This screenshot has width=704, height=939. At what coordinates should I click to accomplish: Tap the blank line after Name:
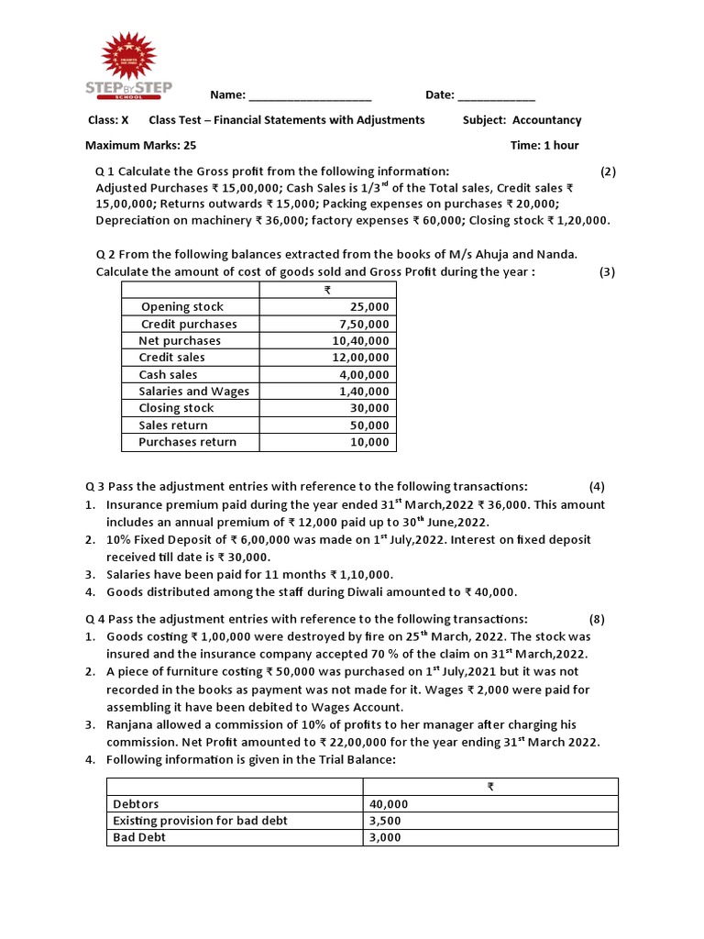310,96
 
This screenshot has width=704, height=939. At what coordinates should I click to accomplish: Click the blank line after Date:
496,96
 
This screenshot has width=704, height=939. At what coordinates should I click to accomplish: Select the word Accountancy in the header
546,120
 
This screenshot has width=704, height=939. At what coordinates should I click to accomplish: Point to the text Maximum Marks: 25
140,145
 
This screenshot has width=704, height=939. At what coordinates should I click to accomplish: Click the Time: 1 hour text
544,145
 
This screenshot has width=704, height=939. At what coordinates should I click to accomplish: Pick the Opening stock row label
181,307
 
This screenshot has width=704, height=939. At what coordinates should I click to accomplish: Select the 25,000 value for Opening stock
369,307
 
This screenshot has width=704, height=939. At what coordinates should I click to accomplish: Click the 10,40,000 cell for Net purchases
360,341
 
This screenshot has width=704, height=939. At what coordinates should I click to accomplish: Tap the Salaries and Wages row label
193,392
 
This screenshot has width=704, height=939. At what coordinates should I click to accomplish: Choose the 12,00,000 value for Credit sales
360,358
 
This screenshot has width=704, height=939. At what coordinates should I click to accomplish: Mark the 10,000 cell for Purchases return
369,442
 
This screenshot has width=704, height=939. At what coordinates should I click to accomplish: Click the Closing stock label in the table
176,408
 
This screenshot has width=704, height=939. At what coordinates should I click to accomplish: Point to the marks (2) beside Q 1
608,171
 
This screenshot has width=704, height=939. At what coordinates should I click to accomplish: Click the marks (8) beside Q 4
597,619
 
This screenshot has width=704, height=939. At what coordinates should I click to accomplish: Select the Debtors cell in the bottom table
136,804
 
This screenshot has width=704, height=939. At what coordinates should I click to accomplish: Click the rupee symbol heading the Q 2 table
327,291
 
